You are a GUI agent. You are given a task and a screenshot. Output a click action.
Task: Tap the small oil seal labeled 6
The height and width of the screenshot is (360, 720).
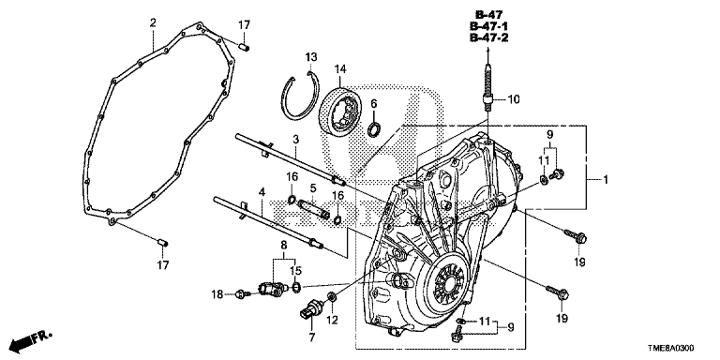pos(374,129)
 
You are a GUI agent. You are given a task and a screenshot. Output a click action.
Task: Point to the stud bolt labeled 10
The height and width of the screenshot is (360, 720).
pos(487,88)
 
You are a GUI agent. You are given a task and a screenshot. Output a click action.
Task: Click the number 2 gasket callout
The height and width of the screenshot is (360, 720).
pos(153,22)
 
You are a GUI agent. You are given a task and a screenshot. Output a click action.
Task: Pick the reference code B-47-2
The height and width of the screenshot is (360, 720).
pos(488,37)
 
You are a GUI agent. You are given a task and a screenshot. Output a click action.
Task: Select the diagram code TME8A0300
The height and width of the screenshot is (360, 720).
pos(672,350)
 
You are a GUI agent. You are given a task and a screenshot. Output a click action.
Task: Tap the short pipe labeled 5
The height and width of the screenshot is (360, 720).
pos(314,208)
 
